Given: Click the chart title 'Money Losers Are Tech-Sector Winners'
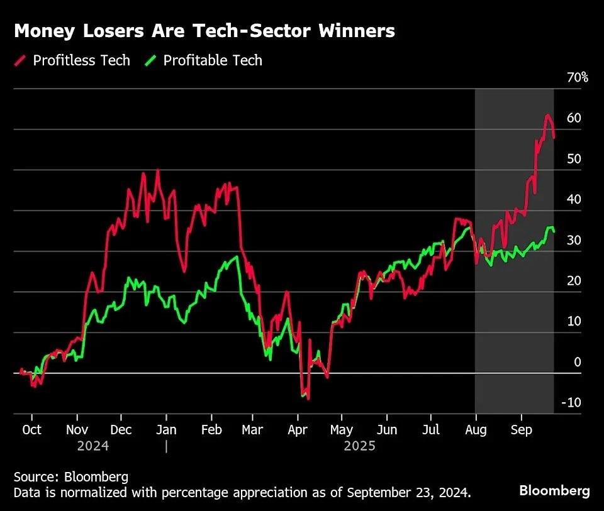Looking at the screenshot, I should click(x=204, y=31).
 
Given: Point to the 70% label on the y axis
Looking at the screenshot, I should click(x=577, y=78).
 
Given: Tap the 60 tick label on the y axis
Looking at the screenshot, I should click(x=573, y=118).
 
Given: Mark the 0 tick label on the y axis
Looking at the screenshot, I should click(x=577, y=362).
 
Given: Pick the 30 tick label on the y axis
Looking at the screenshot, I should click(x=573, y=241).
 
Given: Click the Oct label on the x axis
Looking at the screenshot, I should click(x=31, y=430).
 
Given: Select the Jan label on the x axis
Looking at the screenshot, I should click(x=166, y=430).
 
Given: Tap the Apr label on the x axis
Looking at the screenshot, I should click(x=298, y=430).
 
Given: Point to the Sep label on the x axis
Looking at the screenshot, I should click(x=521, y=430).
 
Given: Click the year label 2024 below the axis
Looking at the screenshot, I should click(x=92, y=446).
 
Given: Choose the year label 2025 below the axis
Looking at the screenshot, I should click(x=359, y=446).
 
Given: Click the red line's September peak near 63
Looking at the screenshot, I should click(x=547, y=116).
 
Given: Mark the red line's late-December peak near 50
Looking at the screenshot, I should click(x=157, y=170).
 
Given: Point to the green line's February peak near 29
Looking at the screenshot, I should click(x=236, y=256).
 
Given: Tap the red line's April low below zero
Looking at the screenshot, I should click(x=308, y=398).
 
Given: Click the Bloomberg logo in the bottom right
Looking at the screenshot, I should click(x=554, y=491).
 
